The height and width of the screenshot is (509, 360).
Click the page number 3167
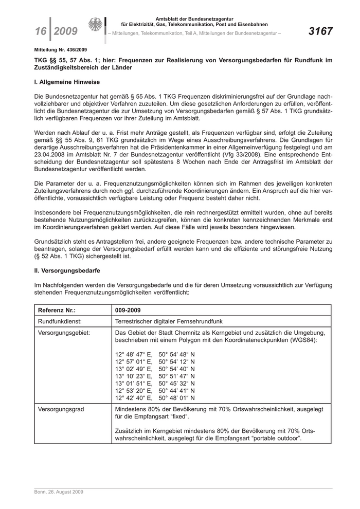point(320,31)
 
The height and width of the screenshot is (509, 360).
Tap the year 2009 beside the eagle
point(66,32)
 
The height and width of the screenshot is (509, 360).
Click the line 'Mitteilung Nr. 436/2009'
point(60,50)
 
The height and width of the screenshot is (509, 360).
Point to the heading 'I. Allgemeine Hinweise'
point(67,82)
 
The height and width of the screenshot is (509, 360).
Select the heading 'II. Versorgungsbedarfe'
point(67,270)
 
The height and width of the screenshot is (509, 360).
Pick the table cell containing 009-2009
point(128,311)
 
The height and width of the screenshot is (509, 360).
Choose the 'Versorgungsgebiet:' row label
point(64,333)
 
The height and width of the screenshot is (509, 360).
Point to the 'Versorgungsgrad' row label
point(61,409)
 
